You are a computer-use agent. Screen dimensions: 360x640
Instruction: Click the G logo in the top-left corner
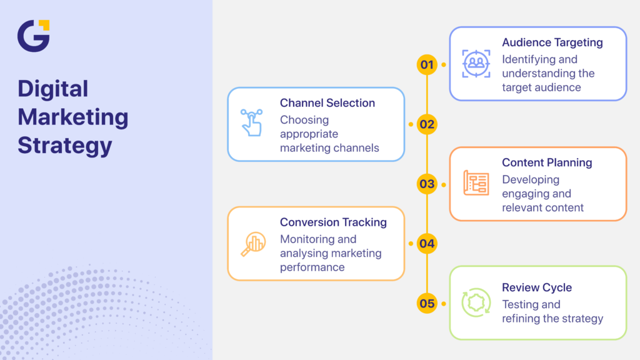33,36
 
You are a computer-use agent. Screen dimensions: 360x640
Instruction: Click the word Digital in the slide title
53,89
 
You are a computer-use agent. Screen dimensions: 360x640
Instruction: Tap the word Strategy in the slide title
65,145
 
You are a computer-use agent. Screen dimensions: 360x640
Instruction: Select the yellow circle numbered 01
427,64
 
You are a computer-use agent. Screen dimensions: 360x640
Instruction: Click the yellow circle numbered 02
427,124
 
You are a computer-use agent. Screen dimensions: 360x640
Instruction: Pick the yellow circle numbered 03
427,184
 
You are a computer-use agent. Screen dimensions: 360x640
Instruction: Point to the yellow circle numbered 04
427,244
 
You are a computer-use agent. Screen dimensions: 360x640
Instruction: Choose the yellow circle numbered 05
427,304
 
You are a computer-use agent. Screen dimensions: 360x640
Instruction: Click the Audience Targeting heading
552,42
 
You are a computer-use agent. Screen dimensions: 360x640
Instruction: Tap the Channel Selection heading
327,103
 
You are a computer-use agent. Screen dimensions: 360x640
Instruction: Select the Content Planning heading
547,162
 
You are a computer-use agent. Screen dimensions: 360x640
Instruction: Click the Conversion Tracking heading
333,222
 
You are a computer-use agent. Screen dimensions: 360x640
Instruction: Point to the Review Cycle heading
537,287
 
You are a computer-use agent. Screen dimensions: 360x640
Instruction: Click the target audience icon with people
476,64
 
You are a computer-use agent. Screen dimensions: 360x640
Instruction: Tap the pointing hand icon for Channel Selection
252,123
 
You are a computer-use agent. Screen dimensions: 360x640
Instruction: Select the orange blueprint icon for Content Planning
476,183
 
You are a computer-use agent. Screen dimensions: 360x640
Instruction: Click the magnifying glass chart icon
253,244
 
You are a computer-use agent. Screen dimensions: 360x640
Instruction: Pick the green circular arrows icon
476,303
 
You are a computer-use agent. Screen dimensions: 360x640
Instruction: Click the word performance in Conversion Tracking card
312,267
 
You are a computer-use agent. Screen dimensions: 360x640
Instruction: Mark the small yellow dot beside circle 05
444,304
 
